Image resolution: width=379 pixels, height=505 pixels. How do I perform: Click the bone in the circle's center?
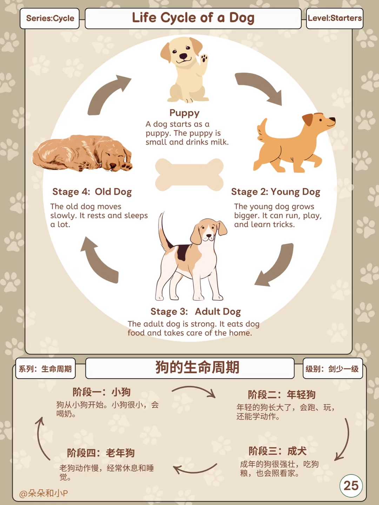pyautogui.click(x=189, y=175)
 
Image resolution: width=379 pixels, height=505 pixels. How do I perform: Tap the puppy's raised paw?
pyautogui.click(x=204, y=58)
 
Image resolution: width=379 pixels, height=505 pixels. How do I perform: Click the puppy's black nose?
pyautogui.click(x=183, y=56)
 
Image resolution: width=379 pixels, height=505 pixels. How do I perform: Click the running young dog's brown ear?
pyautogui.click(x=308, y=119)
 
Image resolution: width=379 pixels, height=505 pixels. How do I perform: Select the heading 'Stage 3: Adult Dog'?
pyautogui.click(x=195, y=311)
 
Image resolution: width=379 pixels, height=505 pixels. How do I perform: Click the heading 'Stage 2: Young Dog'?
pyautogui.click(x=275, y=192)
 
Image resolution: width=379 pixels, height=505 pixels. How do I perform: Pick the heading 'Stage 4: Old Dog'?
pyautogui.click(x=92, y=192)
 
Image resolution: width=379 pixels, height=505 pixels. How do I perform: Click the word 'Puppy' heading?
pyautogui.click(x=184, y=113)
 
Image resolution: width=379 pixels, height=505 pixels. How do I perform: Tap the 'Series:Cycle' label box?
pyautogui.click(x=50, y=18)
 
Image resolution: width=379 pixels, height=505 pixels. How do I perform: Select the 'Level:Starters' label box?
pyautogui.click(x=334, y=18)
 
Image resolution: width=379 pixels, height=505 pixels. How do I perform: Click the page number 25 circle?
pyautogui.click(x=351, y=486)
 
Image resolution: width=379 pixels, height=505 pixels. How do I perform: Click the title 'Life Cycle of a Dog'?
pyautogui.click(x=193, y=18)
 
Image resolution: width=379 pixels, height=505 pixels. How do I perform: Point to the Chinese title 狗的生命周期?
pyautogui.click(x=197, y=368)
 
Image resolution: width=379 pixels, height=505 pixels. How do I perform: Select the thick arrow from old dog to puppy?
pyautogui.click(x=107, y=95)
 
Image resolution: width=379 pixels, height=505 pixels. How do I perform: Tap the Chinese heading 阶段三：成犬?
pyautogui.click(x=277, y=451)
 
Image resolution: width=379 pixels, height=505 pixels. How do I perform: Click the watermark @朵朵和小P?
pyautogui.click(x=44, y=493)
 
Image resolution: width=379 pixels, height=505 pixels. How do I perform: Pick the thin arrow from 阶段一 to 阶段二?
pyautogui.click(x=194, y=390)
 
